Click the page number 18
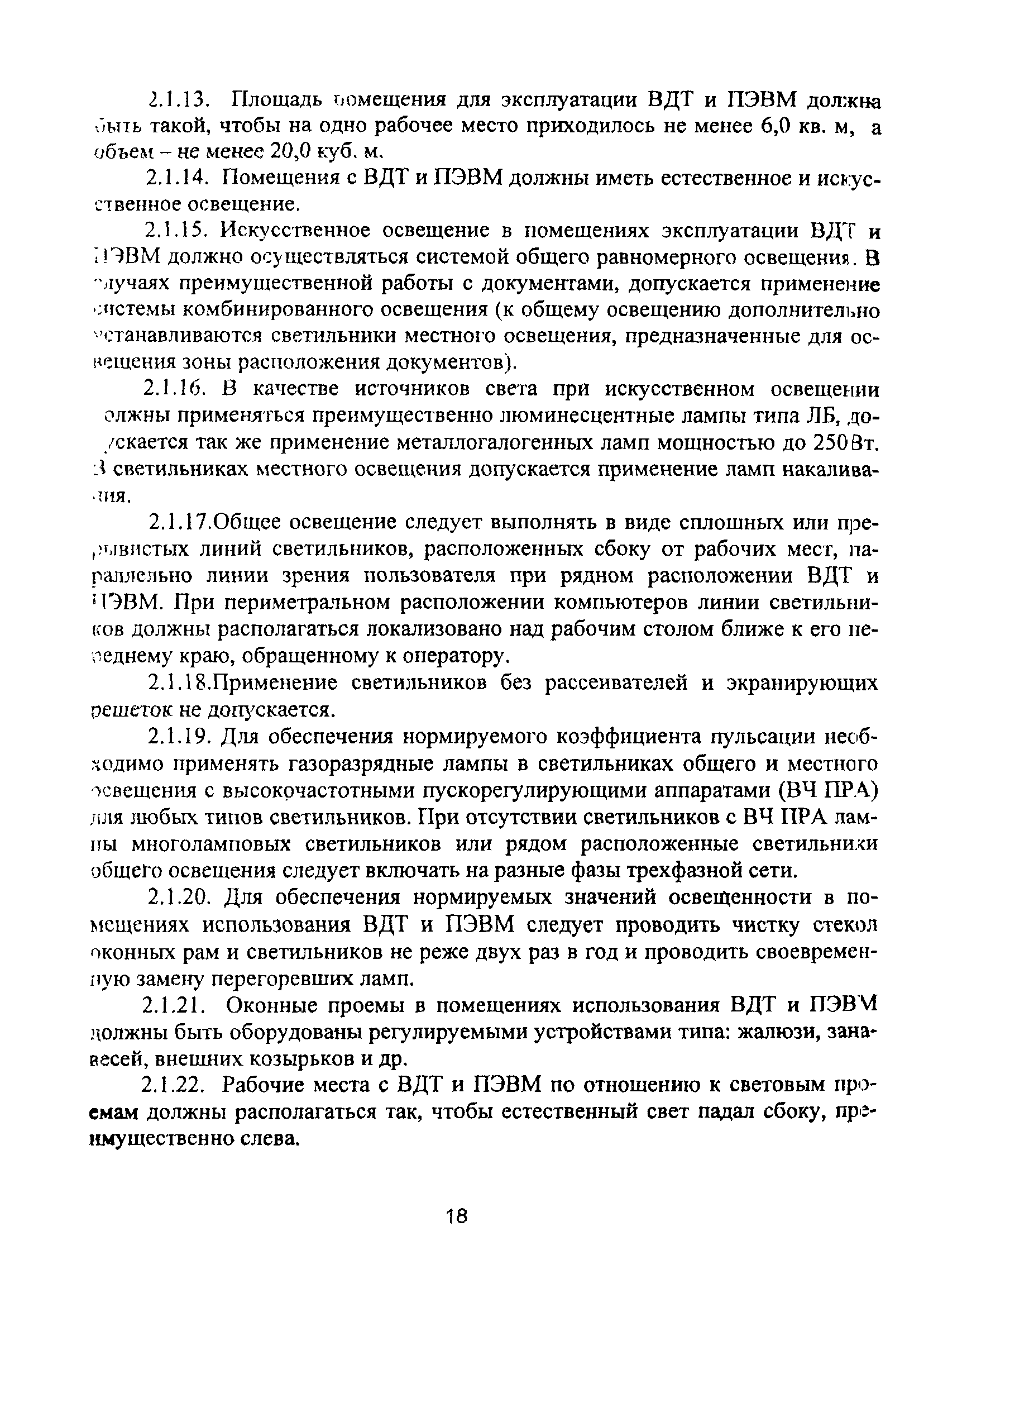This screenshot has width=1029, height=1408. tap(457, 1214)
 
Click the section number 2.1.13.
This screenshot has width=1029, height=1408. tap(181, 99)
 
